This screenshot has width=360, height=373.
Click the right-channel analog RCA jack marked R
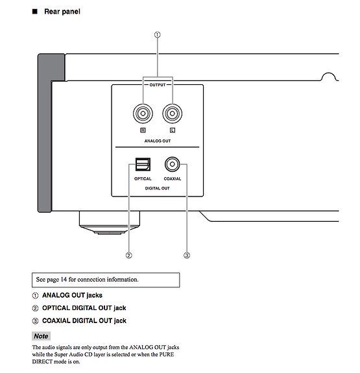pos(143,114)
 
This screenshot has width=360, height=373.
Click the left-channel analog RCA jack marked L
pos(173,114)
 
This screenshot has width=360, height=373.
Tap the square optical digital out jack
pos(143,164)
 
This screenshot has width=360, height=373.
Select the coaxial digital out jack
pos(173,164)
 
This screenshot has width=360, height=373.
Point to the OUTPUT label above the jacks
pos(158,85)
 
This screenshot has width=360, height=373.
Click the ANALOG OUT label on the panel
pos(158,141)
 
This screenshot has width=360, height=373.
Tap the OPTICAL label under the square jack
pos(143,178)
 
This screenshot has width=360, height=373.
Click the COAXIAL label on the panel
pos(173,178)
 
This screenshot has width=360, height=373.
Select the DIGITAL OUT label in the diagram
pos(157,188)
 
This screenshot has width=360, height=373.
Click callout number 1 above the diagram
pos(157,35)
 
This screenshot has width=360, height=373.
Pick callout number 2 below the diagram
pos(128,256)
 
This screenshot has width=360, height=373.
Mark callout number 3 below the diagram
pos(187,256)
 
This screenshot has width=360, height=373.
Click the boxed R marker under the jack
pos(143,130)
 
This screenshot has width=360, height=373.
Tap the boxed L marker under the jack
pos(173,130)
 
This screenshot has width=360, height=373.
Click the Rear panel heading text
pos(62,12)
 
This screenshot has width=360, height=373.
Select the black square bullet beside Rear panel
pos(35,12)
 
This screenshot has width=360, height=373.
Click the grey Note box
pos(41,336)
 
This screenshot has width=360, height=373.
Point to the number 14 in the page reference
pos(64,280)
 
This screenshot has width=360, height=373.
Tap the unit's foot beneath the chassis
pos(110,223)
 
